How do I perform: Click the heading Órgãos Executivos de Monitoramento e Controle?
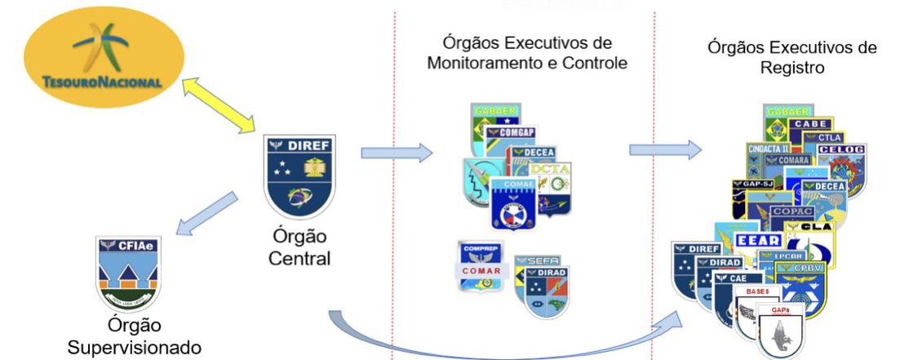point(527,52)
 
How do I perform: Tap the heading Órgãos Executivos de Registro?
point(792,57)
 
